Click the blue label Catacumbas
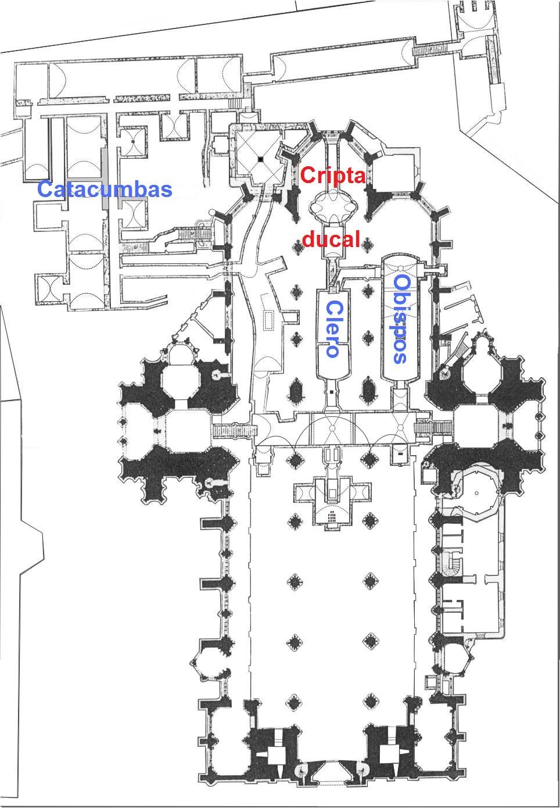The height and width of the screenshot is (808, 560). [x=105, y=190]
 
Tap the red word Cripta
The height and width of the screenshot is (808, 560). [x=332, y=176]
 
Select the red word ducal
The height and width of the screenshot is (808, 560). [x=331, y=238]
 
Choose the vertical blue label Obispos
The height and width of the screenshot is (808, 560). [x=400, y=319]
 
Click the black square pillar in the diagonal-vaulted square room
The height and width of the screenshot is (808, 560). [x=260, y=159]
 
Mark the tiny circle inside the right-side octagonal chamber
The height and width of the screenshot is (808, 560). [x=477, y=493]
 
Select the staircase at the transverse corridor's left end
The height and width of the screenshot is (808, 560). [x=235, y=430]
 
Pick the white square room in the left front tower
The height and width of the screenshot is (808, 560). [x=277, y=755]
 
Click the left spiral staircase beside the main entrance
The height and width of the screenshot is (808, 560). [x=301, y=770]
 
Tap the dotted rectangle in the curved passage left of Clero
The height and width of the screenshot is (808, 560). [x=269, y=319]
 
